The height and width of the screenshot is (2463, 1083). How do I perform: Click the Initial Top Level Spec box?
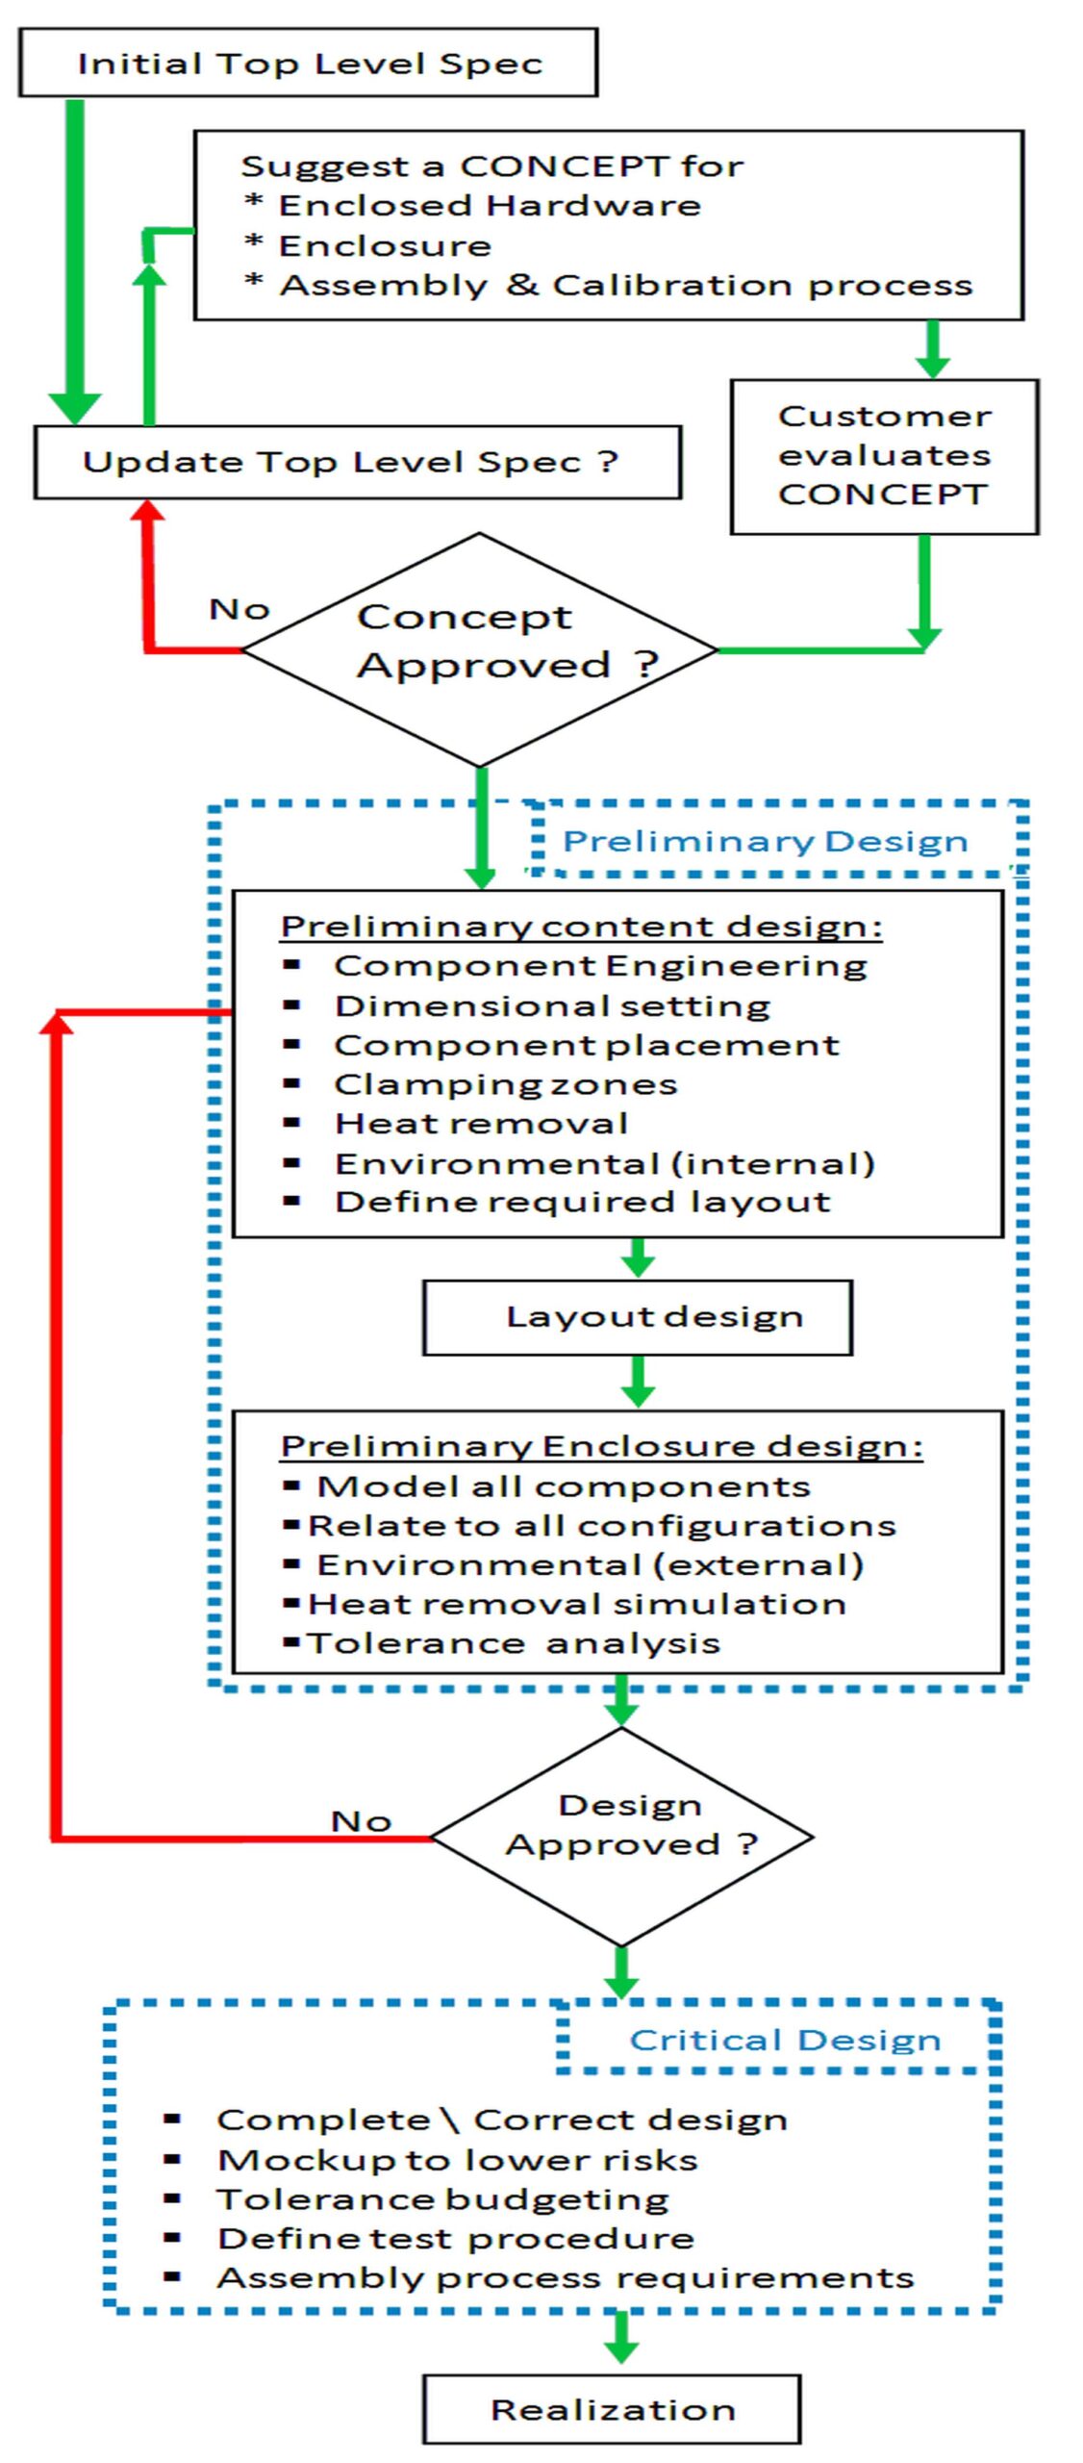click(x=308, y=63)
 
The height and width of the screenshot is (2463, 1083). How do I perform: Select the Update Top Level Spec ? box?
click(x=358, y=462)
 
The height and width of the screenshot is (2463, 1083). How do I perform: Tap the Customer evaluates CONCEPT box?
click(x=884, y=456)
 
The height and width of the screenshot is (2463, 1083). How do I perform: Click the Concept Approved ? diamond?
click(x=479, y=649)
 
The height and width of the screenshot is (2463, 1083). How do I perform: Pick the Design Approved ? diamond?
click(x=621, y=1837)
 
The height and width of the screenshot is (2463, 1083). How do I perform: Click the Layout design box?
click(x=638, y=1317)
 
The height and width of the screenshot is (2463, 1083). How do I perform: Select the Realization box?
click(x=612, y=2408)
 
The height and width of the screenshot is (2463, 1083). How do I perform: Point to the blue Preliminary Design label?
click(x=765, y=841)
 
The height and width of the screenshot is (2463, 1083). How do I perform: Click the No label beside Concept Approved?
click(x=239, y=609)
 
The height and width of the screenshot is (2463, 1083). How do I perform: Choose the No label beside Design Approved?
click(x=361, y=1821)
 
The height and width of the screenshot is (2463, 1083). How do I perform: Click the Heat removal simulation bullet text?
click(x=576, y=1604)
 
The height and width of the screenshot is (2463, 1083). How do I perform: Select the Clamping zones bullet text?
click(x=506, y=1084)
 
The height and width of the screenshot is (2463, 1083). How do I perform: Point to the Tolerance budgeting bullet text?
click(x=443, y=2199)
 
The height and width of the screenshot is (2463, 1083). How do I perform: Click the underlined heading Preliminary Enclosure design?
click(x=602, y=1446)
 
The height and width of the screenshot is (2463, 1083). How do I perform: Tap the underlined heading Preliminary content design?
click(x=582, y=927)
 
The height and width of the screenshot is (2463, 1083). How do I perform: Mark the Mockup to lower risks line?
click(x=458, y=2160)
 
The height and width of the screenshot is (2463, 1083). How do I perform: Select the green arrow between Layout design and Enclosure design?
click(x=638, y=1382)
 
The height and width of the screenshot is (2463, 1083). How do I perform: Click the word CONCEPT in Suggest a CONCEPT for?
click(x=565, y=165)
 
